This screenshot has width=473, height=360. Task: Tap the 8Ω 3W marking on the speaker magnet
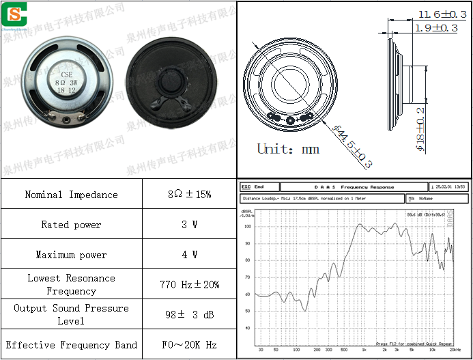click(66, 82)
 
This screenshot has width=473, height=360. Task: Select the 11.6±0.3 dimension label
click(442, 14)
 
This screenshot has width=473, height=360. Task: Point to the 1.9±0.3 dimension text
click(437, 28)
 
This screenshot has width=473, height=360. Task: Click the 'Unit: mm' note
click(288, 148)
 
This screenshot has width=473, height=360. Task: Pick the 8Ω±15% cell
click(189, 195)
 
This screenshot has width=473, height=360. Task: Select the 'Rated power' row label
click(71, 225)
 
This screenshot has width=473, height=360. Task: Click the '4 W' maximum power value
click(189, 255)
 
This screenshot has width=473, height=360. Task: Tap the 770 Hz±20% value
click(189, 284)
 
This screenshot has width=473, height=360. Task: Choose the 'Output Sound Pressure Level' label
click(71, 314)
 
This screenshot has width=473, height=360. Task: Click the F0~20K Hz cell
click(189, 345)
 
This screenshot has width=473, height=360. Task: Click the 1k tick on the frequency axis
click(363, 349)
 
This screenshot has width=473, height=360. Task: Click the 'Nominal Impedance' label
click(71, 195)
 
